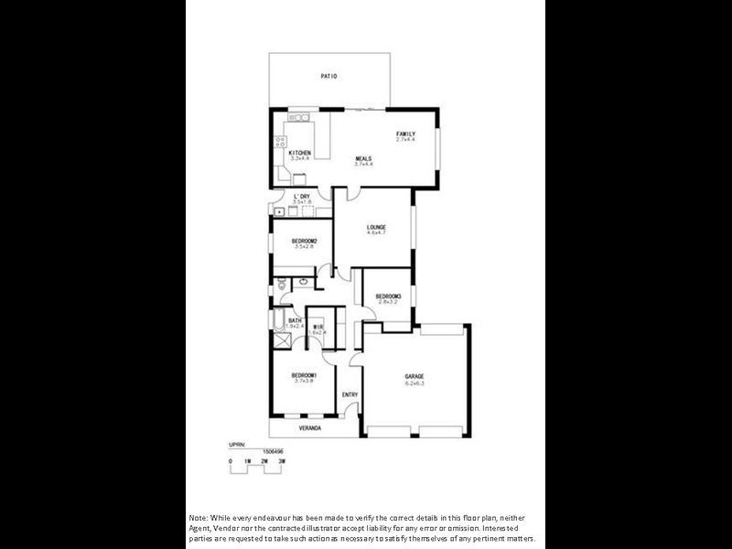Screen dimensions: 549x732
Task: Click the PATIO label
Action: point(328,77)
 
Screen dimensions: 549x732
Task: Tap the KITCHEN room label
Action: point(300,153)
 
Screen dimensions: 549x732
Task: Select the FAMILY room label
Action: point(405,135)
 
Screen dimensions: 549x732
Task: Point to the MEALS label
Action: point(364,159)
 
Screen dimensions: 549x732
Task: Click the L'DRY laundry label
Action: point(302,197)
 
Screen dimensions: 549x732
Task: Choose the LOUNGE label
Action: point(376,227)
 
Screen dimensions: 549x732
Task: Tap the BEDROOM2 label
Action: point(305,241)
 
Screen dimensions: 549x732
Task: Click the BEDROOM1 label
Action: point(304,375)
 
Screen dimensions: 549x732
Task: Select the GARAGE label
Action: point(414,376)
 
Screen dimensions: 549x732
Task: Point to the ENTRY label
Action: point(350,394)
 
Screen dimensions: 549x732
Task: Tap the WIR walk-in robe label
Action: point(318,327)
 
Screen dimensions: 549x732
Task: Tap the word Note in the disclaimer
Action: point(199,517)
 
